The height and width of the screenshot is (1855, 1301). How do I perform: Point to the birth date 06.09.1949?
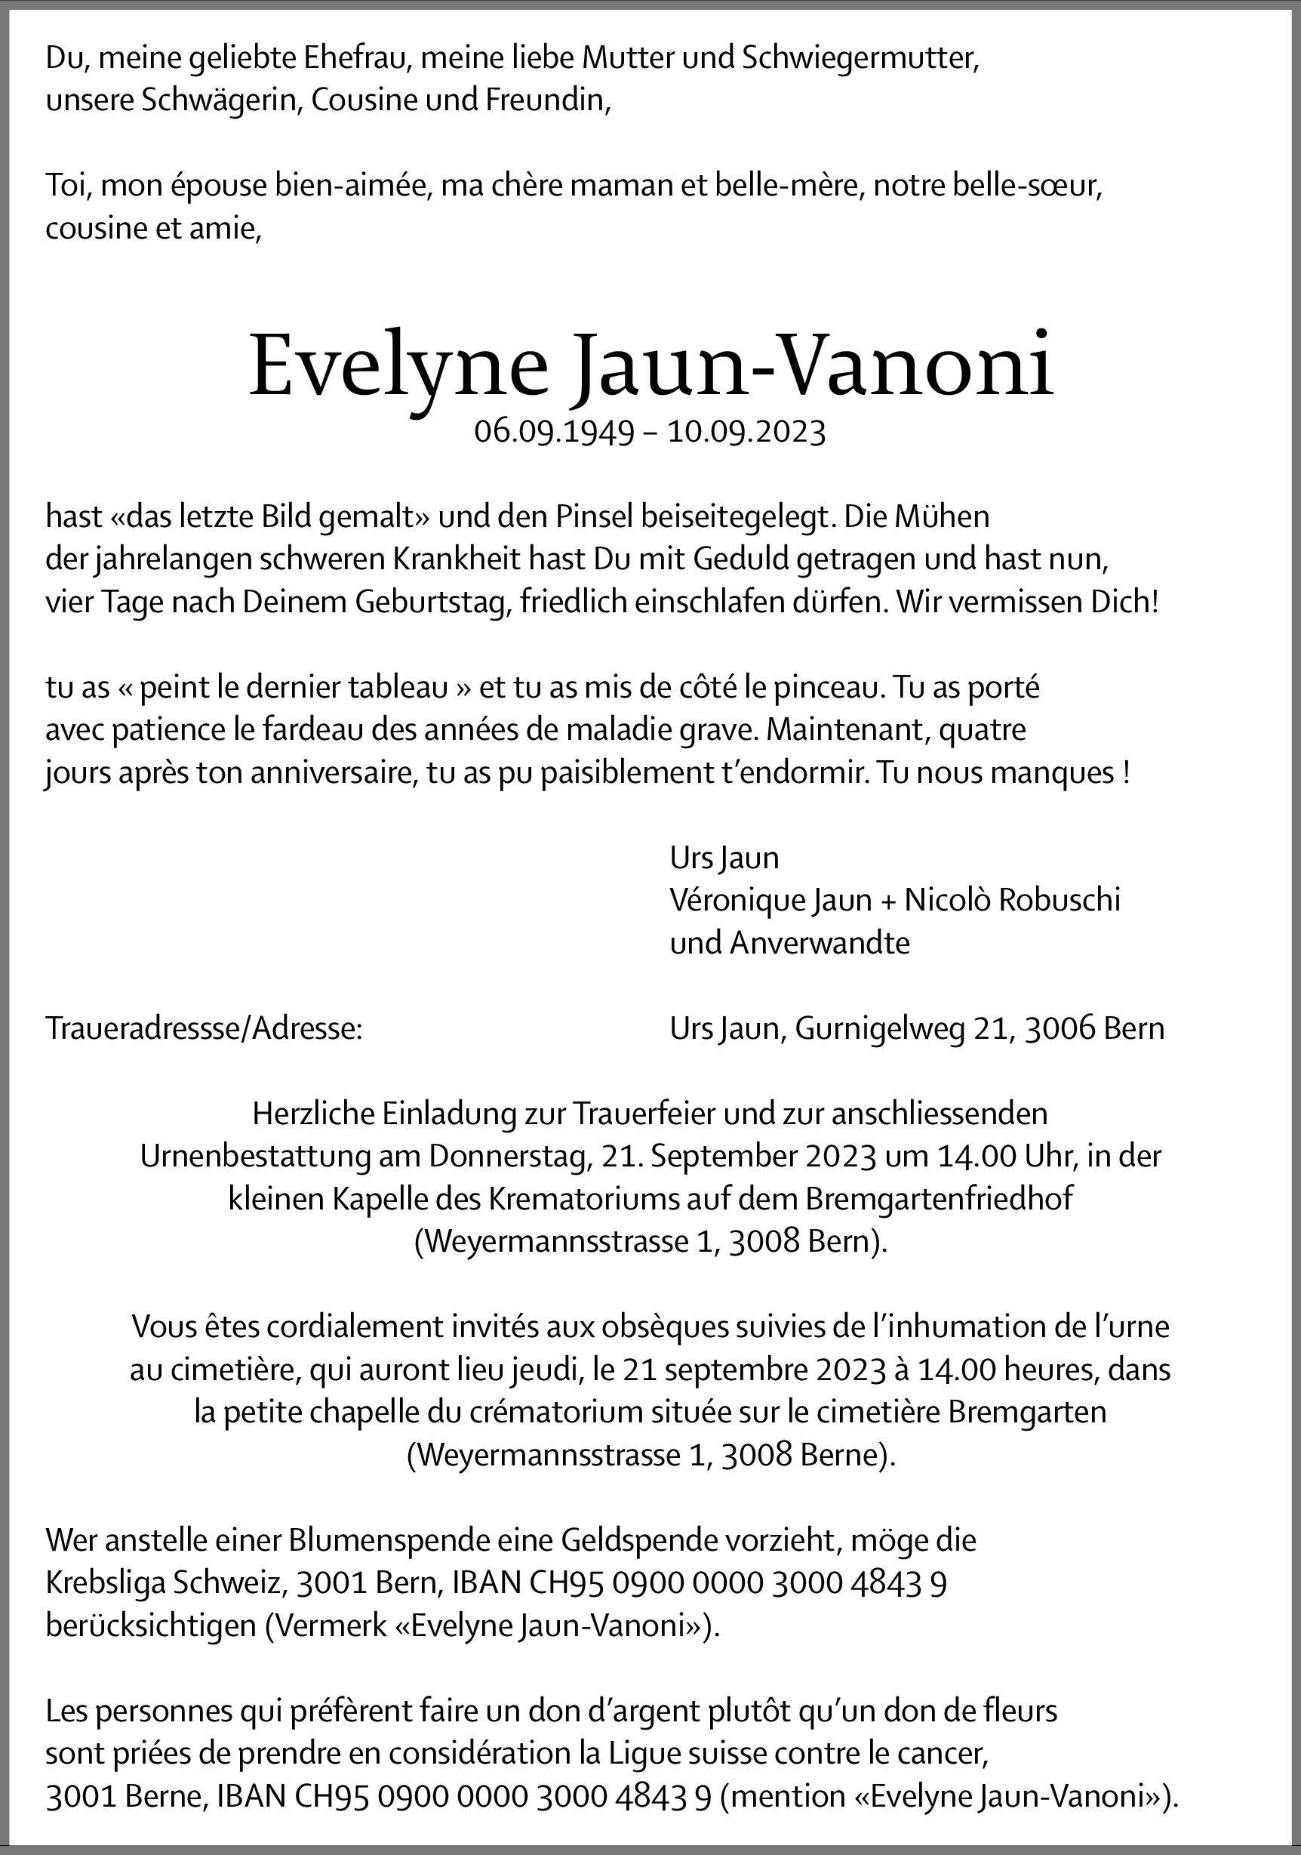[x=554, y=433]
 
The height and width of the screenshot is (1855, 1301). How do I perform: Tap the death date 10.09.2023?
[x=746, y=433]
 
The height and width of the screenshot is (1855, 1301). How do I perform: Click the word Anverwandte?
[x=820, y=943]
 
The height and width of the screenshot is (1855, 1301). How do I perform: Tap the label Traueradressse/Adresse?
[x=205, y=1028]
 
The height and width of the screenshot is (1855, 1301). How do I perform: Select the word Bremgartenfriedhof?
[x=940, y=1199]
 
